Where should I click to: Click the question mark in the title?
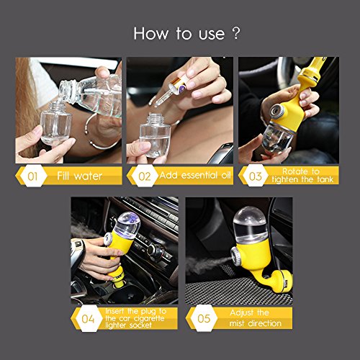click(236, 33)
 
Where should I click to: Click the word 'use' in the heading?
click(212, 35)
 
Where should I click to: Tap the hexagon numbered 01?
click(32, 176)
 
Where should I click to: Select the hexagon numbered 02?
click(144, 176)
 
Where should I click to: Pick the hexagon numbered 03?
click(255, 176)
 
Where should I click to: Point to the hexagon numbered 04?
click(88, 318)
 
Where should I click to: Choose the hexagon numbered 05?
click(204, 318)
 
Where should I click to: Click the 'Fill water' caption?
click(80, 176)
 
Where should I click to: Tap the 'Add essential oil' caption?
click(195, 175)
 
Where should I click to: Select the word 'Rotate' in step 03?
click(294, 171)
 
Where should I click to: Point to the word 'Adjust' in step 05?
click(242, 312)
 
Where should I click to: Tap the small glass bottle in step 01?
click(56, 123)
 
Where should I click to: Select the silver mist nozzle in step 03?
click(277, 111)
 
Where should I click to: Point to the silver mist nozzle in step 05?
click(235, 256)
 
